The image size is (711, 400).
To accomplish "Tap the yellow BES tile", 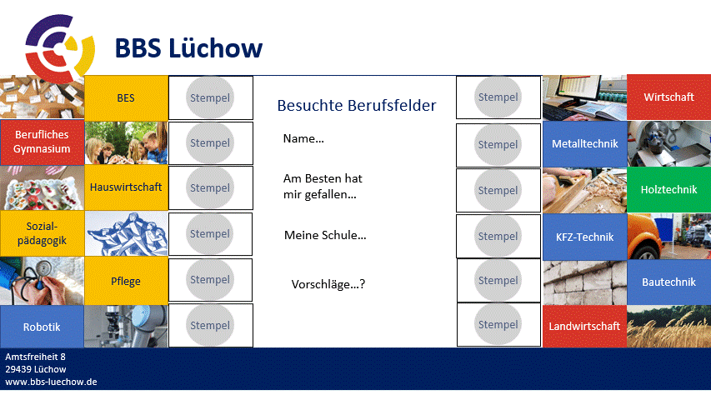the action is pos(126,98).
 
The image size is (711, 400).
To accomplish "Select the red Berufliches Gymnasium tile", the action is pos(42,142).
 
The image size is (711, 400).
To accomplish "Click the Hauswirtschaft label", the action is pos(126,187).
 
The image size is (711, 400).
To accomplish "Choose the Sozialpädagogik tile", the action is pos(42,233).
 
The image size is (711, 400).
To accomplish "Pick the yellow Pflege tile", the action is pos(126,281).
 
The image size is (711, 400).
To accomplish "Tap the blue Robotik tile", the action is pos(42,327).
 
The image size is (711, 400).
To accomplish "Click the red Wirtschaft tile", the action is pos(668,97).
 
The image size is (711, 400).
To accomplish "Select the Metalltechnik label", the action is pos(584,144).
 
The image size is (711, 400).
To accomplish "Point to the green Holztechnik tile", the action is pos(668,189).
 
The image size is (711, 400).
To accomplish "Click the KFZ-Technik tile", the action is pos(584,237).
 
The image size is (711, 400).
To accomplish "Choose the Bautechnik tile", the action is pos(668,282).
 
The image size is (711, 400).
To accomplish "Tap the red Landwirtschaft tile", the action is pos(584,326).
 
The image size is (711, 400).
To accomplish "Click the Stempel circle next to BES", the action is pos(210,97).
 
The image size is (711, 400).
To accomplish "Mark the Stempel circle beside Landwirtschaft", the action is pos(498,324).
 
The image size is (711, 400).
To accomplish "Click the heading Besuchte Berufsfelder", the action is pos(357,105).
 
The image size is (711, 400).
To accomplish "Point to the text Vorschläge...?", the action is pos(328,284).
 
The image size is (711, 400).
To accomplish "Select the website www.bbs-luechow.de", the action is pos(51,382).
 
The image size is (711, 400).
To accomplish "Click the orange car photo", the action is pos(668,237).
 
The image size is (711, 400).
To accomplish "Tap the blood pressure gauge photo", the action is pos(42,281).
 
